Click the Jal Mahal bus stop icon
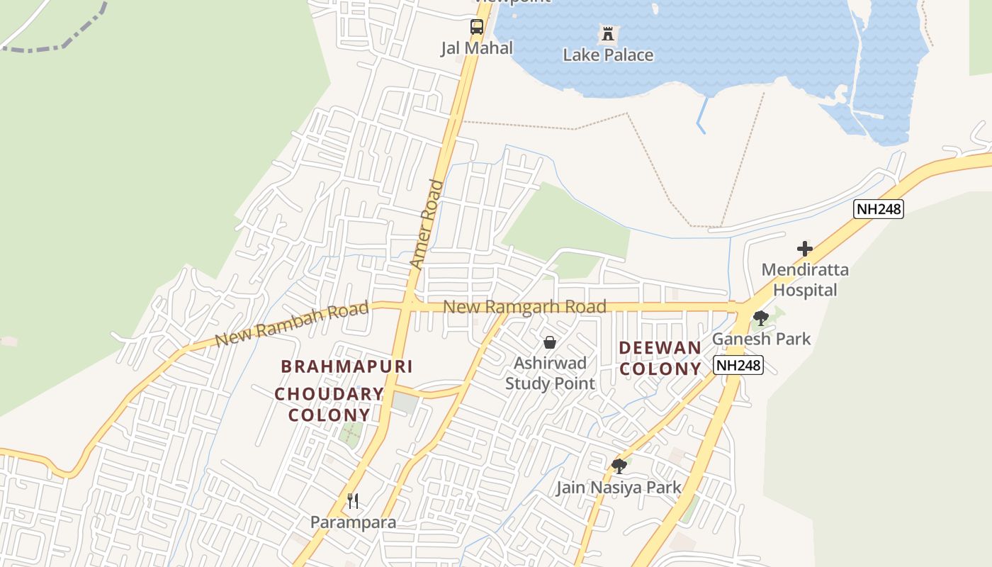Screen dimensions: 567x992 [477, 28]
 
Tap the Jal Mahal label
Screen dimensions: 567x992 [477, 48]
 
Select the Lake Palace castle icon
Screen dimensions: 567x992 [607, 33]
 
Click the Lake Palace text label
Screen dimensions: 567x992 [608, 55]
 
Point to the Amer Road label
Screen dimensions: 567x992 [427, 225]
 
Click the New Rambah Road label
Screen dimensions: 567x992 [292, 323]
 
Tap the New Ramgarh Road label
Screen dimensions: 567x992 [524, 307]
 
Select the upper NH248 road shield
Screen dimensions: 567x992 [879, 209]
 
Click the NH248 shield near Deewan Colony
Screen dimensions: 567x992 [738, 366]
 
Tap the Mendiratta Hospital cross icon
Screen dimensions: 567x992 [804, 249]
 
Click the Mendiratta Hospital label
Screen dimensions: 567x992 [805, 280]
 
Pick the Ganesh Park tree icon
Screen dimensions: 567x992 [761, 318]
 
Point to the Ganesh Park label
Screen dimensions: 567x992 [761, 339]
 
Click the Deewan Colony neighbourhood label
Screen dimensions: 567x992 [660, 359]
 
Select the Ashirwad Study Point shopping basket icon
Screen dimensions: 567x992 [550, 343]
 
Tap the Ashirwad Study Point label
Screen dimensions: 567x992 [550, 374]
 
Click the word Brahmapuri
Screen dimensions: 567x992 [346, 366]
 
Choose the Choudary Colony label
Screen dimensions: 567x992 [329, 404]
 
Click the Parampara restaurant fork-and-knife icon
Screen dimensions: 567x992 [353, 501]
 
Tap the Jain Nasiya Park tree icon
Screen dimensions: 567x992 [619, 466]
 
